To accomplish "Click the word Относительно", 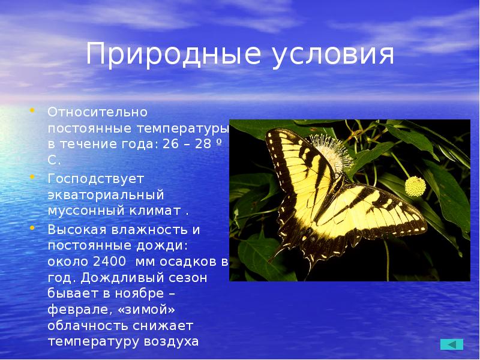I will [x=98, y=112].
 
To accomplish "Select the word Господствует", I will [x=97, y=179].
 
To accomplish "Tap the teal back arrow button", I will [x=452, y=344].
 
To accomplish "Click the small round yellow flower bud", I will [x=415, y=187].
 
